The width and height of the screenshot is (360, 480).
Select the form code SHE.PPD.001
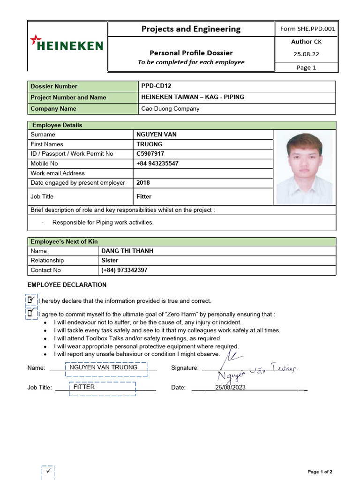tap(307, 29)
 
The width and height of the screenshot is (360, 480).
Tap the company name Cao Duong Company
tap(170, 109)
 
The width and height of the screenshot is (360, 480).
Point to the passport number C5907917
tap(150, 154)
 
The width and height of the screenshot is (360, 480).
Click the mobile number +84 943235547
tap(157, 164)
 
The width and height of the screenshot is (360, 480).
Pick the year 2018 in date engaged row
tap(143, 183)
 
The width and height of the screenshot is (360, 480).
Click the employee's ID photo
tap(304, 168)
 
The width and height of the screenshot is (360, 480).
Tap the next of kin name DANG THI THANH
tap(127, 251)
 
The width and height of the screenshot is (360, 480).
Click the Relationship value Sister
tap(110, 260)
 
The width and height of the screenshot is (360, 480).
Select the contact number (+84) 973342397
tap(124, 270)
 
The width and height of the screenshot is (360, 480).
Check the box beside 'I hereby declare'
tap(31, 300)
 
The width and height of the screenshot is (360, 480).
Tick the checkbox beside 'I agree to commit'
tap(31, 313)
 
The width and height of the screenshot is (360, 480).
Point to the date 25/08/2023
tap(230, 387)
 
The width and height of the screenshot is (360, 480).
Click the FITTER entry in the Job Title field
tap(84, 387)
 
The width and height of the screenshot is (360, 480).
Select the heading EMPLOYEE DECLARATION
tap(67, 285)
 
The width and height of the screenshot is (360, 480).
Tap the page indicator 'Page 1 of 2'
tap(320, 472)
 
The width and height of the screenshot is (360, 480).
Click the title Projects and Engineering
tap(191, 29)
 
